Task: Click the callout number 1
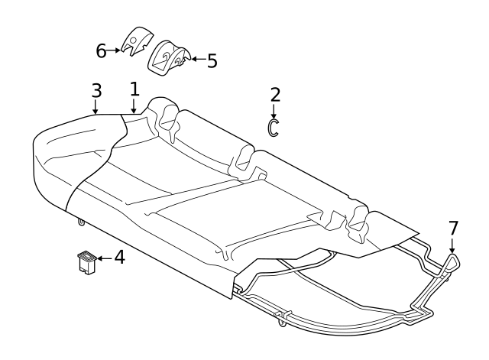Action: tap(134, 89)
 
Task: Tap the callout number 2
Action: tap(275, 95)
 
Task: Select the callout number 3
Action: tap(97, 91)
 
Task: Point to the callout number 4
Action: tap(120, 258)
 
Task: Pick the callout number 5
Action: tap(212, 61)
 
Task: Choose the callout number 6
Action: tap(101, 51)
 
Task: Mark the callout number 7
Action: tap(453, 229)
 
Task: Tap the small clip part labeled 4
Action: tap(87, 262)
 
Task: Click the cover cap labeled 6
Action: tap(137, 41)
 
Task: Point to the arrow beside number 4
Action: tap(105, 258)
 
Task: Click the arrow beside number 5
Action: tap(198, 59)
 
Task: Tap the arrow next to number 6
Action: tap(114, 50)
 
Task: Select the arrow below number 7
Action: tap(452, 245)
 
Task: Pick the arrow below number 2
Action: tap(274, 112)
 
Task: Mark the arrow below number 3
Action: tap(96, 107)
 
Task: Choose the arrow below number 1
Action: tap(134, 106)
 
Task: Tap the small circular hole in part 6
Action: tap(133, 40)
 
